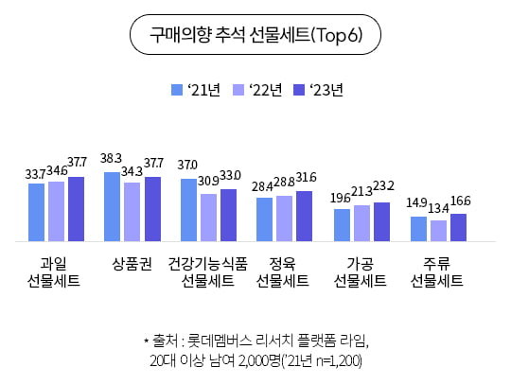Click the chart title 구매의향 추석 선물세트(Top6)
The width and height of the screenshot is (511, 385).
pos(255,36)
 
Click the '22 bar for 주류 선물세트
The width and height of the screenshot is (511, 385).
pos(438,230)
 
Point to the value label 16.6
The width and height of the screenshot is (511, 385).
pos(460,201)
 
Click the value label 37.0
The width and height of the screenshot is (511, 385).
pos(187,165)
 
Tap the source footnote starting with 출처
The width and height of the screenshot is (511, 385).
pos(255,350)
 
